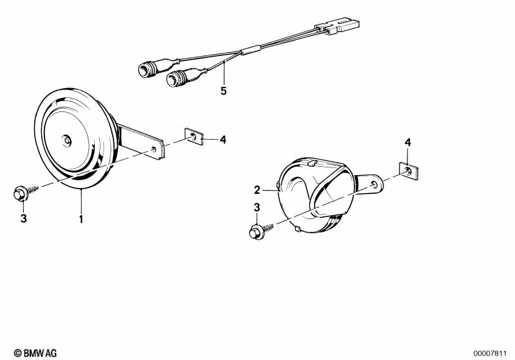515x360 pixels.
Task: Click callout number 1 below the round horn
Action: [x=81, y=219]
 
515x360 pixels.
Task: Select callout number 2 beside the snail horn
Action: [x=257, y=190]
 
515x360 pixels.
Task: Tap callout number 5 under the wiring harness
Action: [x=224, y=91]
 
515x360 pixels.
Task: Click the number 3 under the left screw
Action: [x=24, y=218]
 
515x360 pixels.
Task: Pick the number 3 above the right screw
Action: [x=257, y=207]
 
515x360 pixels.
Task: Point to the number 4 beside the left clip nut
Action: [x=223, y=140]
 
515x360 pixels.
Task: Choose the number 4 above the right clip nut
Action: [x=407, y=142]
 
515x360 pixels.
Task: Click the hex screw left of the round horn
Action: [x=26, y=193]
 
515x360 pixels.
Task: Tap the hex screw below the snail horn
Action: [x=261, y=231]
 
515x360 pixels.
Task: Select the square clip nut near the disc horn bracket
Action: [x=194, y=137]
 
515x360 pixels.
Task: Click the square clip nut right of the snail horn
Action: [x=409, y=171]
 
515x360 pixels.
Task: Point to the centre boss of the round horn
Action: [x=67, y=141]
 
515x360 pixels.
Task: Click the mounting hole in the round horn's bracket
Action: [x=153, y=149]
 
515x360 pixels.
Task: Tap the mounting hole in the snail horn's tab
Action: [x=374, y=184]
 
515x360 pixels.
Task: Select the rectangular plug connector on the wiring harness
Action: [x=337, y=26]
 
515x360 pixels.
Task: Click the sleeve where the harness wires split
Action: [x=251, y=50]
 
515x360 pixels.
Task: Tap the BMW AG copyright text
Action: [x=35, y=353]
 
